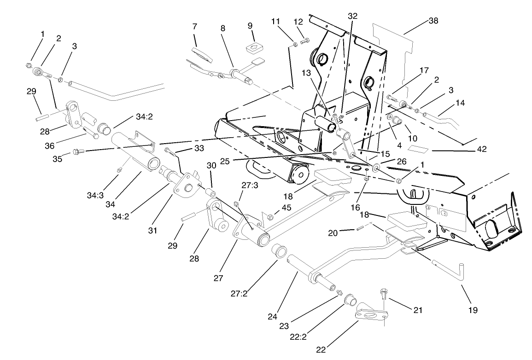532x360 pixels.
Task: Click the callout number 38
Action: (x=433, y=21)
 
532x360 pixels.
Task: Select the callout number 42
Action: (x=481, y=149)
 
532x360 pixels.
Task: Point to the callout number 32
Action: (x=353, y=15)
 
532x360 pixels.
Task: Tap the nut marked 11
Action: (x=294, y=45)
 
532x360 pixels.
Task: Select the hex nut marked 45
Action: (x=271, y=216)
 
